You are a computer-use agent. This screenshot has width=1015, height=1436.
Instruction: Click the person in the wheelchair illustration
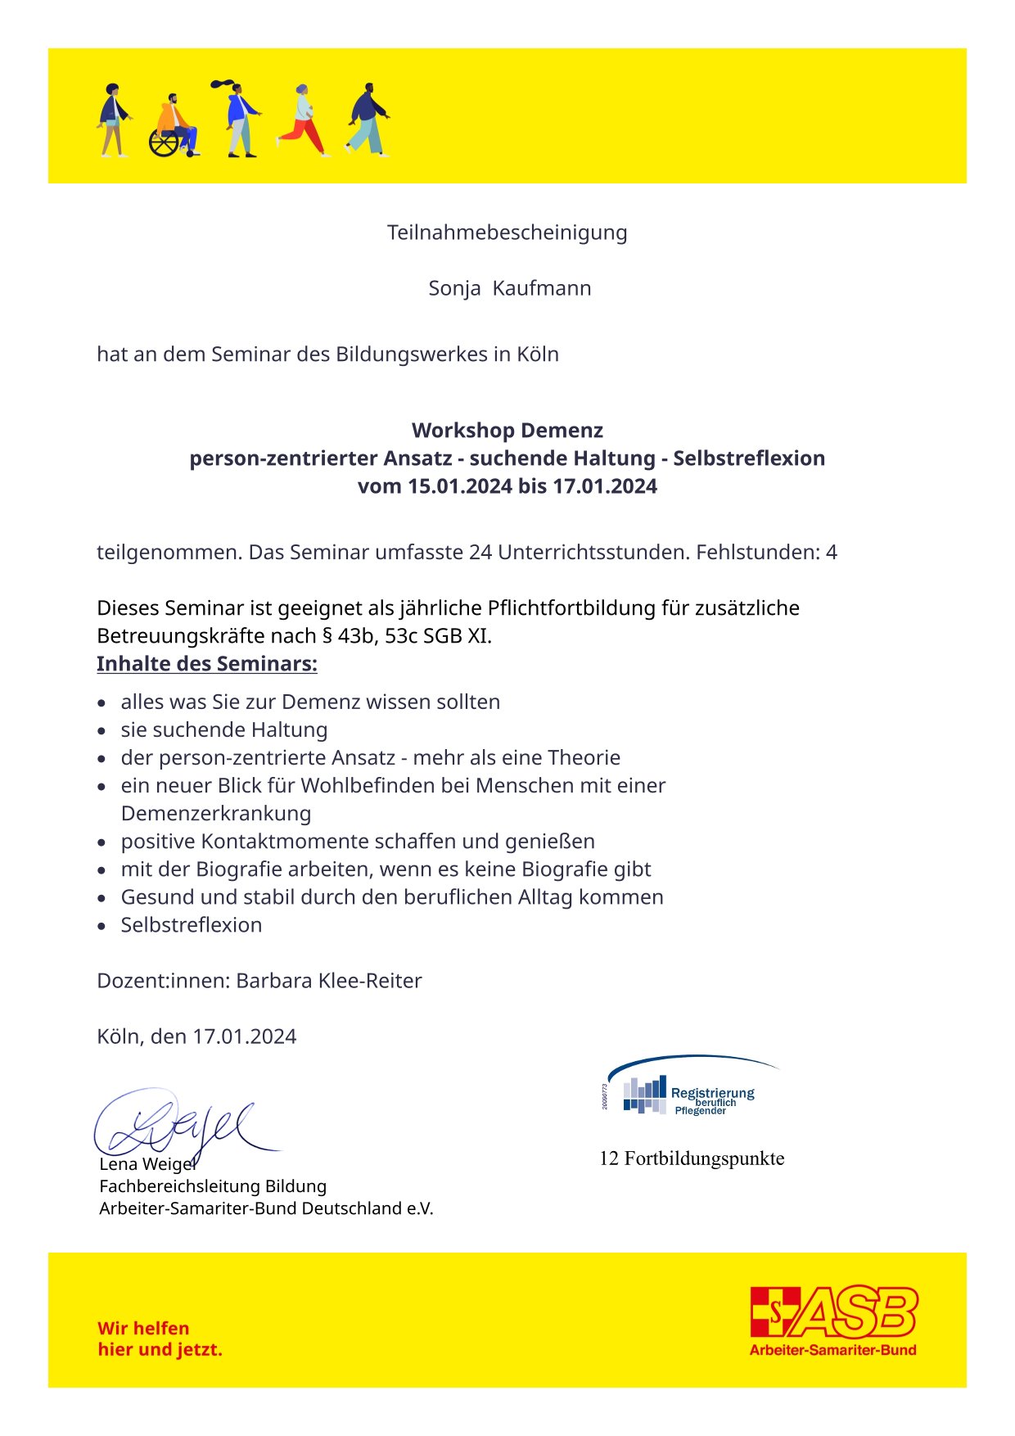click(174, 127)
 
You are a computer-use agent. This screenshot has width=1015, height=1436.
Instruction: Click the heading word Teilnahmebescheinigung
click(507, 233)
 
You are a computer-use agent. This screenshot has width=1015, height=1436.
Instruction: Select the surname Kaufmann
click(542, 288)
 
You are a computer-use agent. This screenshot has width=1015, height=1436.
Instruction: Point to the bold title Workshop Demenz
click(508, 431)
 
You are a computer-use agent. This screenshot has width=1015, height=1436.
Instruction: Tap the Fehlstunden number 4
click(831, 552)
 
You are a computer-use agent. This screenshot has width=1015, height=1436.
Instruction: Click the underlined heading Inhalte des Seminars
click(206, 663)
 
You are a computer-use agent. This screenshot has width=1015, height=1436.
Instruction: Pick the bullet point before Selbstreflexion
click(101, 926)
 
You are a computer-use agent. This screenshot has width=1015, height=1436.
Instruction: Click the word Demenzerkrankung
click(216, 813)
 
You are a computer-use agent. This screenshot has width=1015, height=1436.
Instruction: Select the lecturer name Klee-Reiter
click(374, 980)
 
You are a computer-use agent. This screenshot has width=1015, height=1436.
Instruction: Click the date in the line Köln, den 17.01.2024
click(244, 1036)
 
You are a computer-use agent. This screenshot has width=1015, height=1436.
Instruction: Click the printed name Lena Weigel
click(147, 1164)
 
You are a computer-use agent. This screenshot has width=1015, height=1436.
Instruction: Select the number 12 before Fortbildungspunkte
click(609, 1158)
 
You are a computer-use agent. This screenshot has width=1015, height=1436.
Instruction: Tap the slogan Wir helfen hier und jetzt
click(160, 1339)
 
